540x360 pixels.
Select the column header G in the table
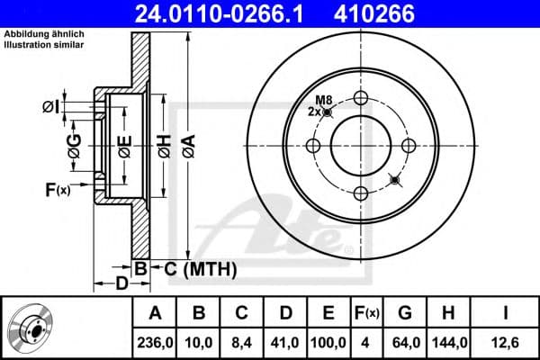coord(404,313)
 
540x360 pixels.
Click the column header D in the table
coord(283,313)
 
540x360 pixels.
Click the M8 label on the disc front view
coord(323,99)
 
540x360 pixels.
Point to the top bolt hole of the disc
coord(362,98)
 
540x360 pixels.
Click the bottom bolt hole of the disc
coord(362,193)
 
